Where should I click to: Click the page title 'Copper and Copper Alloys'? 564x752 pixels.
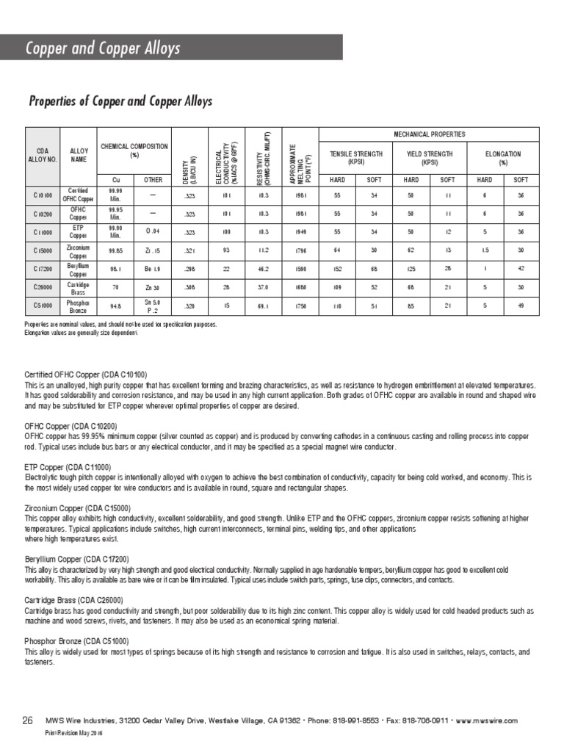tap(103, 49)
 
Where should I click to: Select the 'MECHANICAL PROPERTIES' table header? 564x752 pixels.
tap(429, 134)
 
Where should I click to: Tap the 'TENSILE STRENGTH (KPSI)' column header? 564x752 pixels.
tap(355, 158)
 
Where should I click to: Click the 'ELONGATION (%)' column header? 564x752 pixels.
tap(503, 158)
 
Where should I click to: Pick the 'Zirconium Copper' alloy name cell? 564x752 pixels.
tap(78, 250)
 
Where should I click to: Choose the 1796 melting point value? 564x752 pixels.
tap(300, 250)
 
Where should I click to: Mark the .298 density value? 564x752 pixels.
tap(189, 269)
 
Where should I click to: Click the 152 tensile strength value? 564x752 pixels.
tap(337, 269)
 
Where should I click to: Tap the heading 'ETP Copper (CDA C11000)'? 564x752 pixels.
tap(68, 466)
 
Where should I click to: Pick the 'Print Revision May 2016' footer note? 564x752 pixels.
tap(73, 734)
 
